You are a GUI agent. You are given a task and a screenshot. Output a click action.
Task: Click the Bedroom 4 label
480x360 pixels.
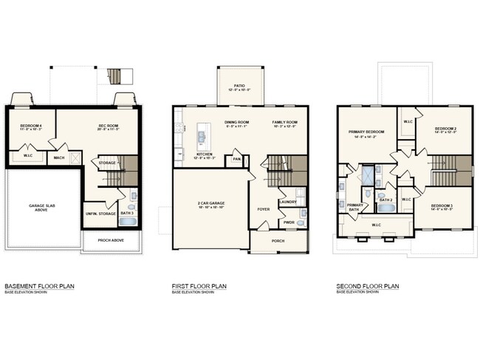(x=30, y=126)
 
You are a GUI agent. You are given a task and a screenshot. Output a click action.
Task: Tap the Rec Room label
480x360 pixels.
(x=109, y=126)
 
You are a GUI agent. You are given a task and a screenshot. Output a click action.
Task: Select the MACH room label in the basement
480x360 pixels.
(x=58, y=157)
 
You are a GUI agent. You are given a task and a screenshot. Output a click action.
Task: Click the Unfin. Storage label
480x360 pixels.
(x=101, y=214)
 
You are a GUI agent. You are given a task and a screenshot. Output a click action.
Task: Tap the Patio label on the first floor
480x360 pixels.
(x=239, y=86)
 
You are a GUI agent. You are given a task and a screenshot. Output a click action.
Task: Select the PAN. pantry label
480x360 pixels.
(x=236, y=158)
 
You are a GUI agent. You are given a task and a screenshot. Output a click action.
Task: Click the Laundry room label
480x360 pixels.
(x=287, y=202)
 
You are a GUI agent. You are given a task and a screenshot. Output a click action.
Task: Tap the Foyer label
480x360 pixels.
(x=264, y=208)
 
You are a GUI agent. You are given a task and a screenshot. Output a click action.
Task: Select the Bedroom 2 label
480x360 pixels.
(x=445, y=129)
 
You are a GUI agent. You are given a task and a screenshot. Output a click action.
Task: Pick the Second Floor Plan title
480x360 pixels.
(x=367, y=285)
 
